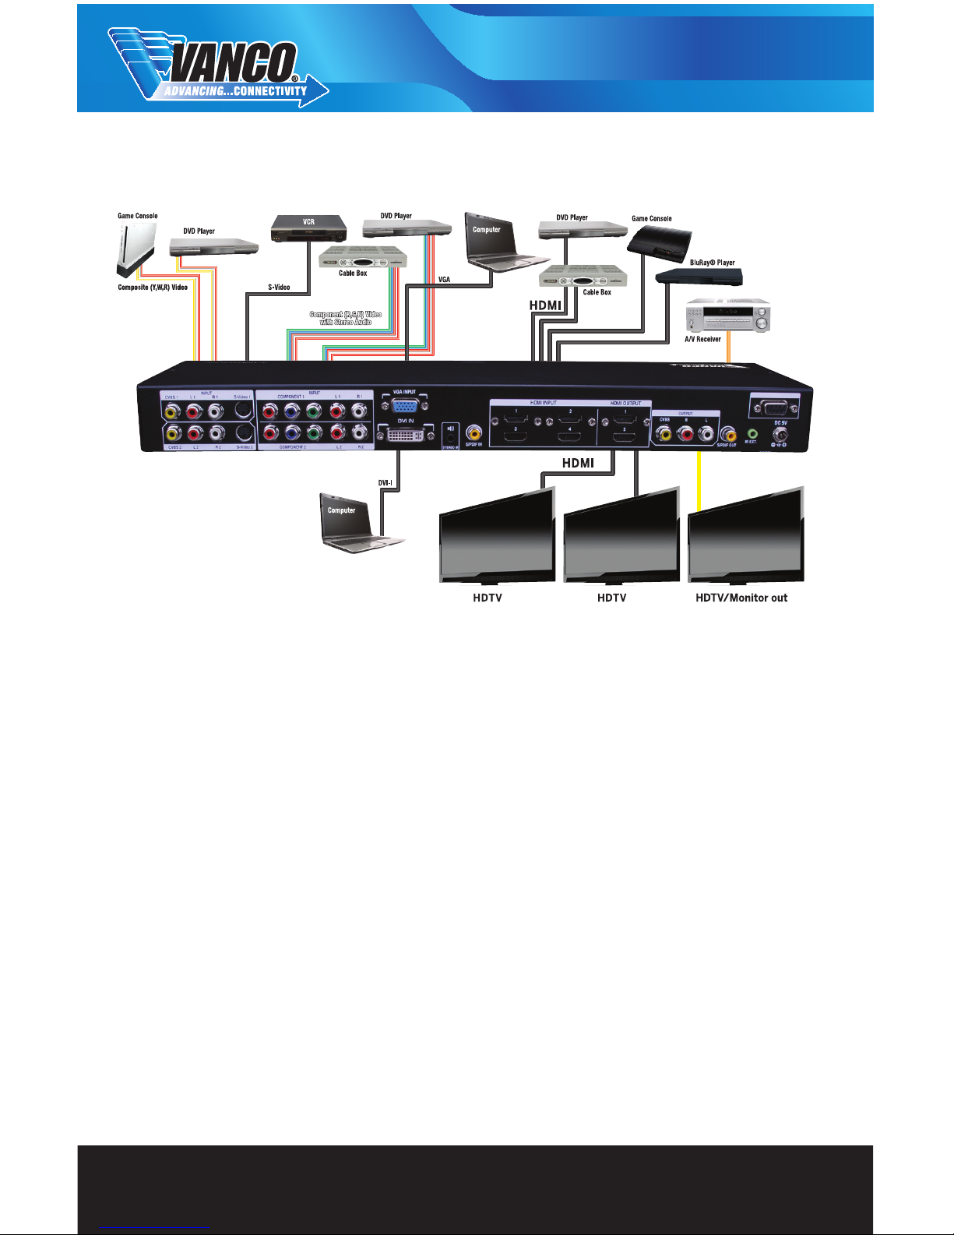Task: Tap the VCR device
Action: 308,228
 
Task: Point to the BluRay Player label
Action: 712,263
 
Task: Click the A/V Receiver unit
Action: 727,316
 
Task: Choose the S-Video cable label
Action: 279,288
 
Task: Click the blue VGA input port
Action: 404,406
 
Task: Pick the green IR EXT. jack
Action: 752,433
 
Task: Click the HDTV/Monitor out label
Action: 741,598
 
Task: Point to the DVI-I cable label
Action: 385,483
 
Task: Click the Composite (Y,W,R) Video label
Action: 153,288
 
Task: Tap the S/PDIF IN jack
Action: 473,432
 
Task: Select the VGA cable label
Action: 444,280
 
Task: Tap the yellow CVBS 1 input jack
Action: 171,409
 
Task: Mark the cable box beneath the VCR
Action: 364,258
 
